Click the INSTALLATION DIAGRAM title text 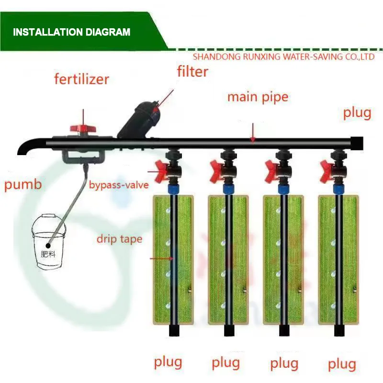(71, 33)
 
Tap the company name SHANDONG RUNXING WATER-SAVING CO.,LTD (283, 57)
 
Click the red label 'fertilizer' (81, 79)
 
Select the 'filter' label (192, 72)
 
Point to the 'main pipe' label (258, 97)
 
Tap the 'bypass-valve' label (119, 184)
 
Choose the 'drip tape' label (119, 238)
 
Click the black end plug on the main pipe (357, 142)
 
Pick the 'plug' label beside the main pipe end (357, 113)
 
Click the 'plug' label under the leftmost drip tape (168, 362)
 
